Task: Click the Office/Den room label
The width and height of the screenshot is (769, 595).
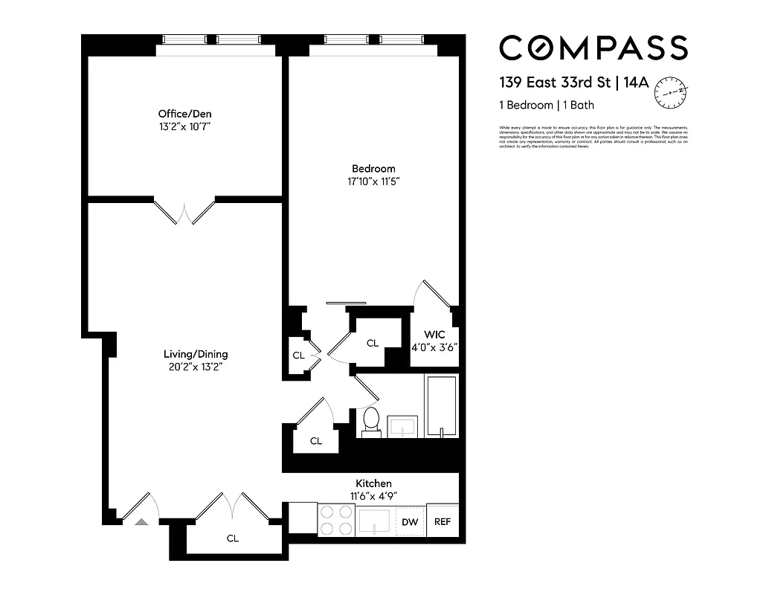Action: pyautogui.click(x=184, y=114)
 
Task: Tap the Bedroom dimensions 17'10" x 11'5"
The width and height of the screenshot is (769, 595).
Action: pyautogui.click(x=373, y=181)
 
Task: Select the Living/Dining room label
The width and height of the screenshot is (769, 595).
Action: pyautogui.click(x=196, y=354)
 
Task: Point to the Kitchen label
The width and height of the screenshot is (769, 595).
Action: pyautogui.click(x=373, y=483)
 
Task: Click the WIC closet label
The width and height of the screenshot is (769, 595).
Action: pyautogui.click(x=434, y=334)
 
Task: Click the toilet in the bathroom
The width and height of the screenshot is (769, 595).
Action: pyautogui.click(x=370, y=422)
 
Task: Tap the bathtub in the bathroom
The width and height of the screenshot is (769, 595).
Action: pyautogui.click(x=441, y=406)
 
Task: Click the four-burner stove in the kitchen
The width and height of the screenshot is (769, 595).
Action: pyautogui.click(x=336, y=520)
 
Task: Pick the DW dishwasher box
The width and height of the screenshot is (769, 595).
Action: pyautogui.click(x=410, y=521)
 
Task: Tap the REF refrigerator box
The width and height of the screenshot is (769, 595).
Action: pyautogui.click(x=443, y=521)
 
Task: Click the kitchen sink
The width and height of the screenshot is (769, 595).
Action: pyautogui.click(x=374, y=521)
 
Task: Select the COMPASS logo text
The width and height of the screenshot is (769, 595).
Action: pyautogui.click(x=593, y=48)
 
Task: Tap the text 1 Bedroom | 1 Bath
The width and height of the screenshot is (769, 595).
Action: pyautogui.click(x=547, y=105)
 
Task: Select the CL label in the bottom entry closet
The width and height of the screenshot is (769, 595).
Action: pyautogui.click(x=233, y=538)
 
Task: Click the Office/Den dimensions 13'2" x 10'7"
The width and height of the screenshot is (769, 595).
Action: pyautogui.click(x=184, y=126)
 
